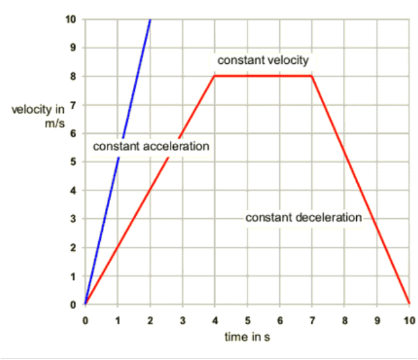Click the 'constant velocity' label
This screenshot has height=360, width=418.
(262, 61)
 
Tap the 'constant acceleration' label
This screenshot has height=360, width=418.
(151, 146)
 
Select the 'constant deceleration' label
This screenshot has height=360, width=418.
(303, 217)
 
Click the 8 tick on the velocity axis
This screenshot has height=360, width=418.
(74, 76)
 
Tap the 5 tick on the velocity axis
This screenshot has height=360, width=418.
(74, 162)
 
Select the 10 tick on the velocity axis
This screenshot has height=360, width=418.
(72, 19)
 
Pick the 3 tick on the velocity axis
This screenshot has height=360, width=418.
(74, 219)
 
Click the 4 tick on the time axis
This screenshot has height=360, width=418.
(215, 320)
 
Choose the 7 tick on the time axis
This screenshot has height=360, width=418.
(313, 320)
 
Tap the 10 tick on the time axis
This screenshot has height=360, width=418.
(410, 320)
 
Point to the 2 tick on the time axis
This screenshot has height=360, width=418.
(150, 320)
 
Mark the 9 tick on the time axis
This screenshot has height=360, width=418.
(377, 320)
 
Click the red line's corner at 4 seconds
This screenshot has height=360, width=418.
(215, 76)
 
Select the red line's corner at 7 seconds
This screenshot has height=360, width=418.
(313, 76)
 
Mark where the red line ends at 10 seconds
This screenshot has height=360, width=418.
(410, 304)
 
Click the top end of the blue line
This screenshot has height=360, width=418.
(150, 20)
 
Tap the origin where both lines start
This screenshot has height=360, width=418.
(85, 304)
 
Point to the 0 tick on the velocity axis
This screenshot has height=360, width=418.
(74, 304)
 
